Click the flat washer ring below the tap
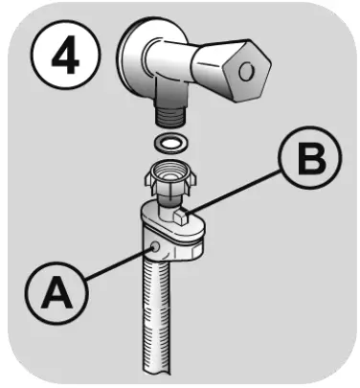170,143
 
